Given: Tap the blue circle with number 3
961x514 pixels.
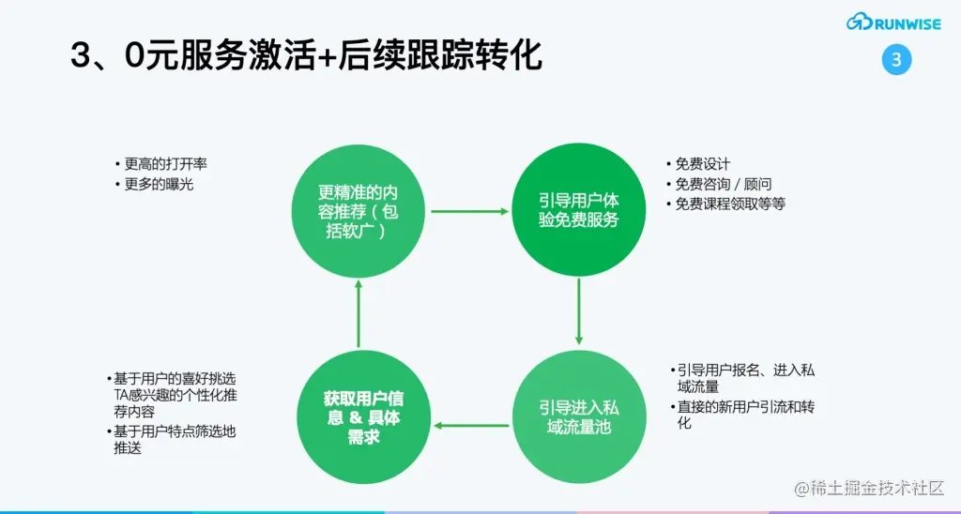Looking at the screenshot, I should [896, 60].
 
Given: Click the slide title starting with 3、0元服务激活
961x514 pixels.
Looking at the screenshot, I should [306, 55].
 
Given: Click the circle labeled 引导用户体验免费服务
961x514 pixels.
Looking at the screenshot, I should [579, 211].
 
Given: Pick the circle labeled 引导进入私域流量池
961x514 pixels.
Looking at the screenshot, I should [579, 416].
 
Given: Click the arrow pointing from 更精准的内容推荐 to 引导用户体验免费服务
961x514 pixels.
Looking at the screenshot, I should [469, 212].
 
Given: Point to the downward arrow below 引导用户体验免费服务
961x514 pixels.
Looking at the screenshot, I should [579, 311].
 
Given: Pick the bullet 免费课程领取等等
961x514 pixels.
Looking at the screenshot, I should [729, 204].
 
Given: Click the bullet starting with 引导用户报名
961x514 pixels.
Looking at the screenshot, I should [743, 377].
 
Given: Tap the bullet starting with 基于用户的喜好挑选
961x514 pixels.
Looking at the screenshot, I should [173, 395].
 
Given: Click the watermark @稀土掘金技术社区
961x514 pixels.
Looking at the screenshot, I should [868, 489].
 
